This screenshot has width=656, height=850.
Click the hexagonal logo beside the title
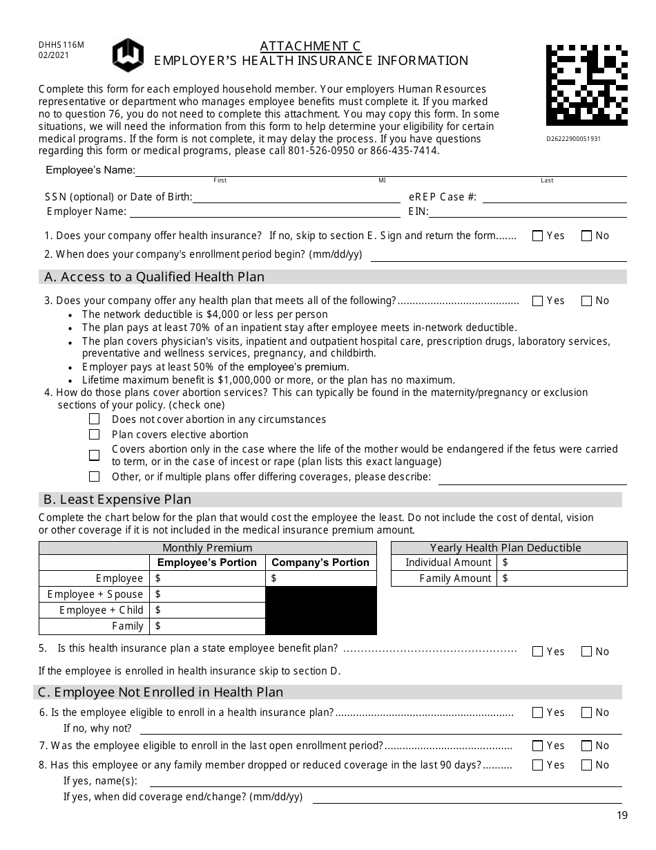coord(128,55)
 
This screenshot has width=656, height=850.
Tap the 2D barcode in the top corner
coord(586,85)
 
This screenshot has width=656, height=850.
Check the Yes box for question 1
coord(538,236)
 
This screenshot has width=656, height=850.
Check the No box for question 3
coord(587,301)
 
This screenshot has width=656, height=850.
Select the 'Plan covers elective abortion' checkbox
coord(95,435)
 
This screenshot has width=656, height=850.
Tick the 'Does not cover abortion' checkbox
coord(95,419)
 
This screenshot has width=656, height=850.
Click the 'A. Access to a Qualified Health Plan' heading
coord(154,277)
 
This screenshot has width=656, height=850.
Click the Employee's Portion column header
coord(207,563)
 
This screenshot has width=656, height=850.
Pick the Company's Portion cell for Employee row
coord(322,578)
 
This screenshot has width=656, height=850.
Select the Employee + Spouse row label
coord(95,594)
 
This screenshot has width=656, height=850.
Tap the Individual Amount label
coord(448,563)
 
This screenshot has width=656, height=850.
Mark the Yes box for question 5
coord(538,651)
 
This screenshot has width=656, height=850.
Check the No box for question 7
coord(587,746)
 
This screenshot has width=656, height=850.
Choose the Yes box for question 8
coord(538,765)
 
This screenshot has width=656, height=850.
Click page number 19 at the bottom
coord(622,815)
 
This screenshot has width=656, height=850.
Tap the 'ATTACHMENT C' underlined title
coord(310,46)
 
